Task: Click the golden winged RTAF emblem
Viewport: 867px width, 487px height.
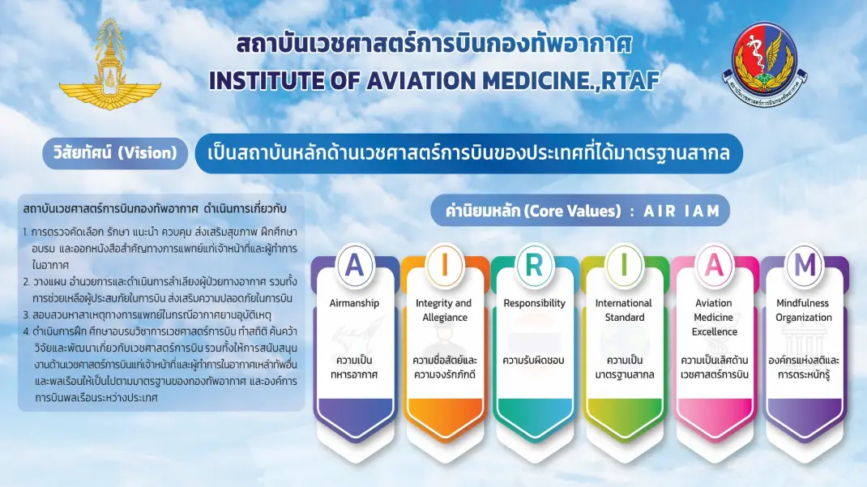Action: (110, 65)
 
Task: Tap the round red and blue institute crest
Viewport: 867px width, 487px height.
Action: (765, 64)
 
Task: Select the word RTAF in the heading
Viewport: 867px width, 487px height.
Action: (630, 81)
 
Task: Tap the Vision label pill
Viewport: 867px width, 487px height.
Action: (115, 153)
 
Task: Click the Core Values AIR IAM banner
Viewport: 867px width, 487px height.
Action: (580, 211)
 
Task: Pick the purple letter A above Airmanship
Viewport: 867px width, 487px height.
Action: (354, 265)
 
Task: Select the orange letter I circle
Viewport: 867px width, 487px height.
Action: (445, 265)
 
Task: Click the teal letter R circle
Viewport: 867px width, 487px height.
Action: (534, 265)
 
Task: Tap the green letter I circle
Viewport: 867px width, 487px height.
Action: (624, 265)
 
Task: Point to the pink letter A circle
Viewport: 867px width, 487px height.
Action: (715, 265)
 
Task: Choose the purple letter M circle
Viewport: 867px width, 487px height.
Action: (805, 265)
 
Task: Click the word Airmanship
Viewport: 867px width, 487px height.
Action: (354, 303)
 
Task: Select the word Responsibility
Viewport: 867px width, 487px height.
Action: (534, 303)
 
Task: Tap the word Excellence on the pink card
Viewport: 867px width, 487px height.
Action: (715, 331)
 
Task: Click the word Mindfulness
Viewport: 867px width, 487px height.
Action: (802, 303)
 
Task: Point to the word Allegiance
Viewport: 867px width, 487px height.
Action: (445, 318)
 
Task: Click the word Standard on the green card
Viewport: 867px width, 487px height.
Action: (624, 318)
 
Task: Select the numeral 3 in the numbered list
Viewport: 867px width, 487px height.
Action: (26, 315)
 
